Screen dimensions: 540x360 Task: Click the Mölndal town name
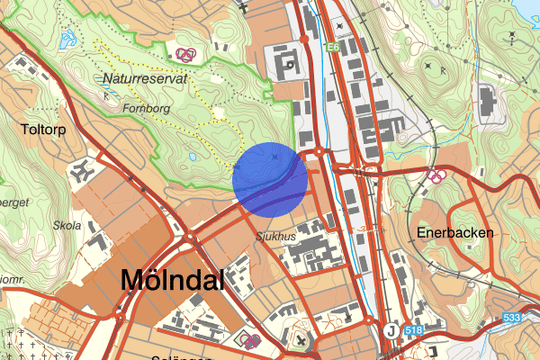(x=172, y=280)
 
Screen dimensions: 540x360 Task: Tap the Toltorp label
(x=42, y=130)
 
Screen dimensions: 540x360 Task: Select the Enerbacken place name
(x=455, y=232)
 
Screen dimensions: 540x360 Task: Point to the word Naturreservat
(x=144, y=78)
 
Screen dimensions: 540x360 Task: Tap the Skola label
(x=67, y=226)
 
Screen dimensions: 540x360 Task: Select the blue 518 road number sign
(x=414, y=331)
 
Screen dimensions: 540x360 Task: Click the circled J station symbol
(x=391, y=331)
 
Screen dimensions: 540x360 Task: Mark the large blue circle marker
(x=270, y=178)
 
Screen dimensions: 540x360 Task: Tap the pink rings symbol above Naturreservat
(x=186, y=55)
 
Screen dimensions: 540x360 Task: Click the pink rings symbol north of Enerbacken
(x=436, y=174)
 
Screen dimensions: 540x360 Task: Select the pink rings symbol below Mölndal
(x=252, y=340)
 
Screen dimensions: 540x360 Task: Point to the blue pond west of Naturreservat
(x=68, y=40)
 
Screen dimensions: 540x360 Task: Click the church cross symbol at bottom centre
(x=300, y=341)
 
